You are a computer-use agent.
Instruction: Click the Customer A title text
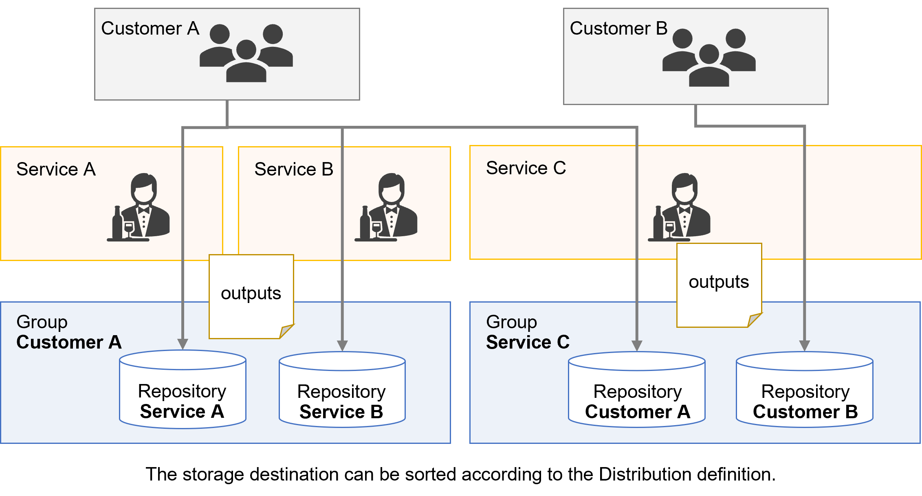[150, 29]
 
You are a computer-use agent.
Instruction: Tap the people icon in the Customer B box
[709, 57]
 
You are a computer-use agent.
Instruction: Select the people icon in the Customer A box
[246, 53]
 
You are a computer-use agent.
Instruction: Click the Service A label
[56, 169]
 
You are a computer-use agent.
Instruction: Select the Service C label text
[526, 168]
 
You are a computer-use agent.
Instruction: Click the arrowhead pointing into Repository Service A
[183, 344]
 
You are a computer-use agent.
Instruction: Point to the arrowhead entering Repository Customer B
[805, 346]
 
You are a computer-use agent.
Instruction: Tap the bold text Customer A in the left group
[69, 342]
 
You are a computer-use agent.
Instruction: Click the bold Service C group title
[528, 342]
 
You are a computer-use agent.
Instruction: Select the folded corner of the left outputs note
[286, 331]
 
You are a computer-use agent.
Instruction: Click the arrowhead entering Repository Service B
[343, 346]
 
